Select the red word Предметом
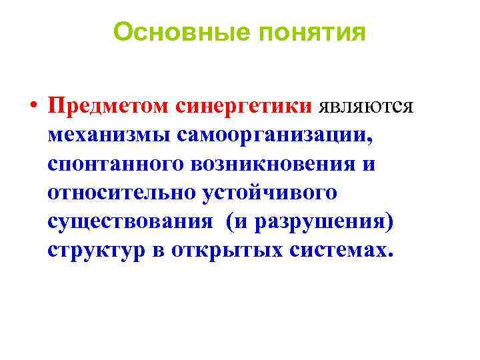109,106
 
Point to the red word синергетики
245,107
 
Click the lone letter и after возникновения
369,164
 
